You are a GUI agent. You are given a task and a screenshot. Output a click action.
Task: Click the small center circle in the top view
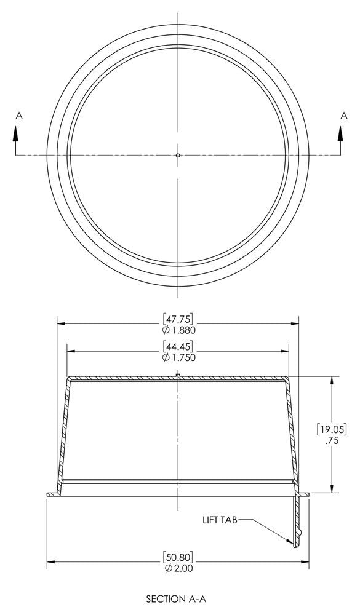[178, 156]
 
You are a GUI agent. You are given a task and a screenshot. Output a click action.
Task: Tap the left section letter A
[19, 116]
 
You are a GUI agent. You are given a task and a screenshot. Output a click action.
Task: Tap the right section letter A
[344, 116]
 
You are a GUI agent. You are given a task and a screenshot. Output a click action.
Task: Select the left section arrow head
[16, 133]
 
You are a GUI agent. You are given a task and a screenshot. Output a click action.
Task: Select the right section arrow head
[340, 133]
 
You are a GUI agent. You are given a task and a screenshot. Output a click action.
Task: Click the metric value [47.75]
[178, 318]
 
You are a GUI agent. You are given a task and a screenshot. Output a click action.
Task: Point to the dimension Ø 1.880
[178, 330]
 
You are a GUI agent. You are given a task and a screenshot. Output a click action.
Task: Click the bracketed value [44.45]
[178, 346]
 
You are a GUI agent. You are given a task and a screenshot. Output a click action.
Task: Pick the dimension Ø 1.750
[178, 358]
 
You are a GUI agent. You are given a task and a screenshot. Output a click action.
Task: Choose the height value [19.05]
[332, 429]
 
